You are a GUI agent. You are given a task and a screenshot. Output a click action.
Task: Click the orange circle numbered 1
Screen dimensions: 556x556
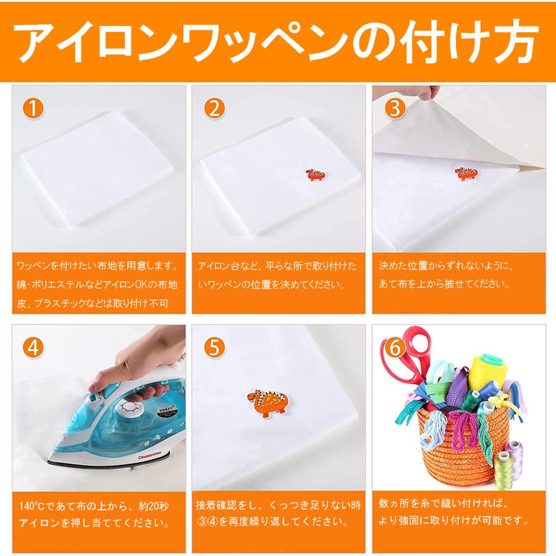[x=33, y=109]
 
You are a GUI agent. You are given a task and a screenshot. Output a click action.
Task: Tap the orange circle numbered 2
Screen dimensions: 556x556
[x=214, y=109]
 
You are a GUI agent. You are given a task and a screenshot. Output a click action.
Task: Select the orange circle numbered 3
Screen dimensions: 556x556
[x=395, y=109]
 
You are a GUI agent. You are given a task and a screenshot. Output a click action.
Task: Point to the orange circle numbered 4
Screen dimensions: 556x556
[x=33, y=347]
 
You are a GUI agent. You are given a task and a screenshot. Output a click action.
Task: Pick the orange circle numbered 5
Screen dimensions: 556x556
[x=214, y=347]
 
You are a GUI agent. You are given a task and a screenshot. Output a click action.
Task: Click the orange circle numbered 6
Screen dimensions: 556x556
[x=395, y=347]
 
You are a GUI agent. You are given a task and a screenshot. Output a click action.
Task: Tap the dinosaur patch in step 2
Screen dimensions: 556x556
[x=315, y=174]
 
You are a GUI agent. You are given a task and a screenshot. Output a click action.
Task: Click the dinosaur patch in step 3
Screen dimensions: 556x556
[x=465, y=174]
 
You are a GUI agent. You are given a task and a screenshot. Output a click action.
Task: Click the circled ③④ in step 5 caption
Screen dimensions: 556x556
[x=208, y=521]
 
